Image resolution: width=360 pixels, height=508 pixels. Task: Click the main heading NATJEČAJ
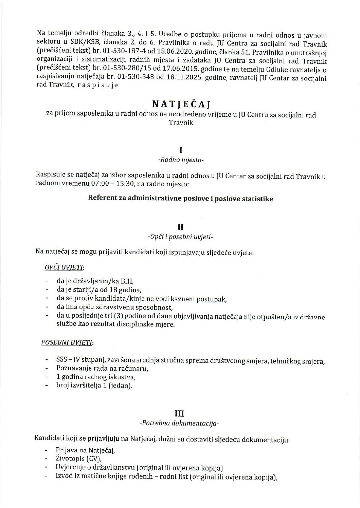click(x=180, y=103)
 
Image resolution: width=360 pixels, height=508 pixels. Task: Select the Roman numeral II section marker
click(x=180, y=229)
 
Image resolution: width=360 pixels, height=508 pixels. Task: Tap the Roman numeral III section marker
click(x=180, y=414)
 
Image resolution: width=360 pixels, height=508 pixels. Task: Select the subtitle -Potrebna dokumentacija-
click(x=180, y=423)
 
